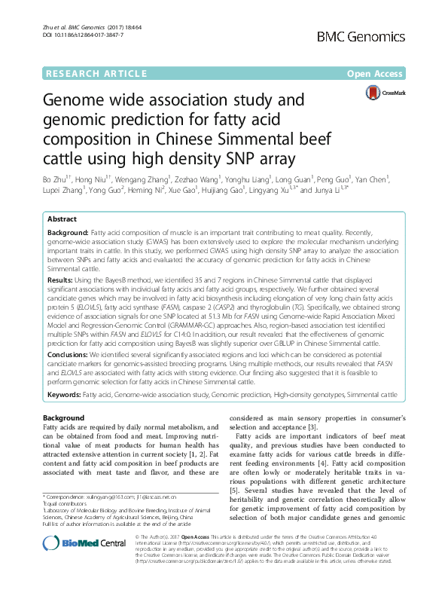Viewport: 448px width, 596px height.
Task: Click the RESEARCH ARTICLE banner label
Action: click(96, 73)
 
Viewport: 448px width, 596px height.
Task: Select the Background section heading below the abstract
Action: click(64, 418)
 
